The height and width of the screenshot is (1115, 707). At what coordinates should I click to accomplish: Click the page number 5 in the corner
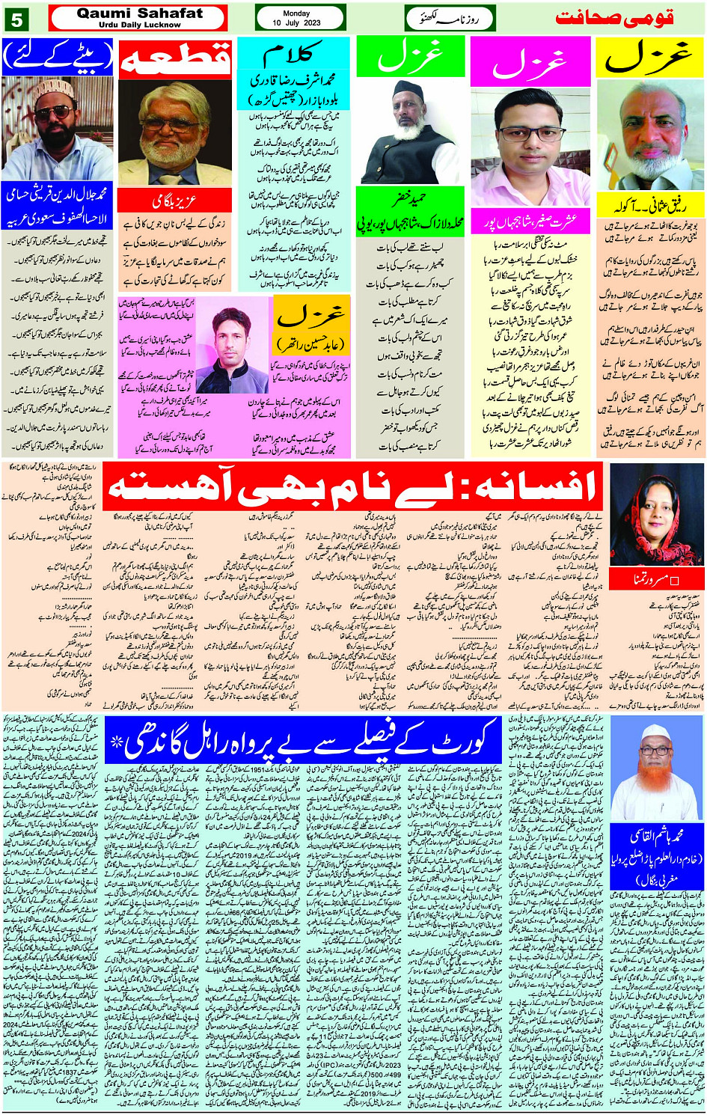point(16,19)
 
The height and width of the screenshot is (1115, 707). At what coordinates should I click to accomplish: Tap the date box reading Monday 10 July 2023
point(300,18)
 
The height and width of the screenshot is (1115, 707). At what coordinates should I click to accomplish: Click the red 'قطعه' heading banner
point(175,58)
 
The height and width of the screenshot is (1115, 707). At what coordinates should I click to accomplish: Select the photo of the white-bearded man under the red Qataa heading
point(175,133)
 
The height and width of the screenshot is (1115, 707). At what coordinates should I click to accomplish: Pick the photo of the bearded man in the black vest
point(411,131)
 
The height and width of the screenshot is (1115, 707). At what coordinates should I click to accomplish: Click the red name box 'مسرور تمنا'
point(656,579)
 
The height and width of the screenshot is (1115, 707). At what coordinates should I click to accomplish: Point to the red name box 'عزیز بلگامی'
point(175,201)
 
